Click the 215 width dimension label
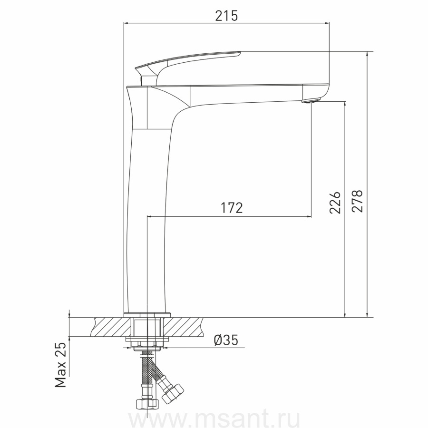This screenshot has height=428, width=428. coord(226,16)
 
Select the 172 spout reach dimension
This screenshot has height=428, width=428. coord(232,208)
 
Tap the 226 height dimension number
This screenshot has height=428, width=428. coord(335,202)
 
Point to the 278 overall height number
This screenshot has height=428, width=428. coord(357,201)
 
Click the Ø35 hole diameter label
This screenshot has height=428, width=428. coord(226,340)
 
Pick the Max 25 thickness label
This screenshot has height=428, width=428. coord(60,365)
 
